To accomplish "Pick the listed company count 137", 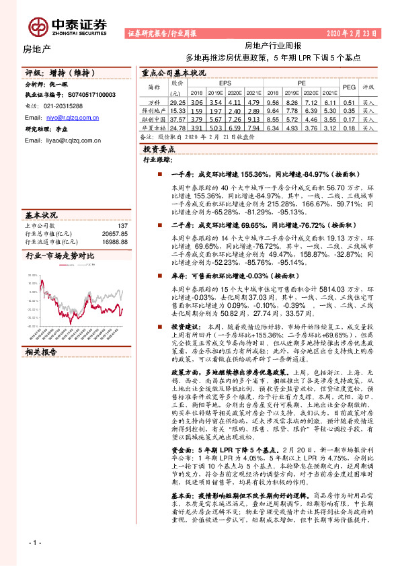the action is click(122, 226).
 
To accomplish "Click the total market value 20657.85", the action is click(114, 233).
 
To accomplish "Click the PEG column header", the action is click(349, 87).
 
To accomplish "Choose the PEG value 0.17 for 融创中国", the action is click(349, 118).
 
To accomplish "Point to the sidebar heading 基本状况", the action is click(41, 215).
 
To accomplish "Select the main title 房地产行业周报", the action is click(273, 45).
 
